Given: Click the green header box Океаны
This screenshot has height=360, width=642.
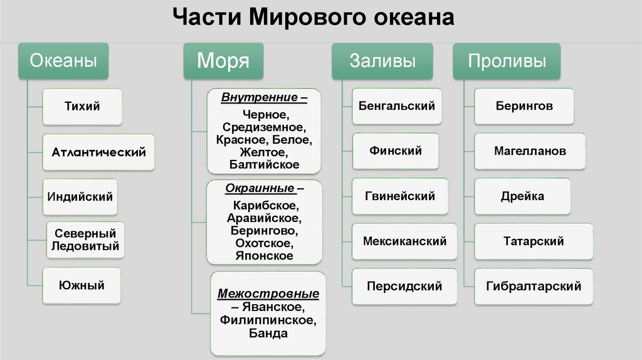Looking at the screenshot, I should [64, 61].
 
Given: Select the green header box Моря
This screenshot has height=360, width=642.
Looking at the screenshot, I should [223, 61].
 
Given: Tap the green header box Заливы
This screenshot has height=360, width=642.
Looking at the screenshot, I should [382, 61].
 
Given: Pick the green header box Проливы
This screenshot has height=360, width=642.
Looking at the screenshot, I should [507, 61].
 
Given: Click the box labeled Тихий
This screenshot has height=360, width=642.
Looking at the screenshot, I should [82, 107].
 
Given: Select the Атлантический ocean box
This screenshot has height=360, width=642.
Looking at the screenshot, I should [98, 152].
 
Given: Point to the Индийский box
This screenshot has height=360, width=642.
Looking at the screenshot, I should [80, 196].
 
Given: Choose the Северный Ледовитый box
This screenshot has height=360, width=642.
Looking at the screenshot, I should [85, 240].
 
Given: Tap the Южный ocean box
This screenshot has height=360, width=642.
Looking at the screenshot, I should [82, 285].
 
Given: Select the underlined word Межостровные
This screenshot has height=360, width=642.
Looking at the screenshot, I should [268, 294].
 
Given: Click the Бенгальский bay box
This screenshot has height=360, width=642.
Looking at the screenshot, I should [397, 106].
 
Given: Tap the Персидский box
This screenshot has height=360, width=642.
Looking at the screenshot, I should [404, 286].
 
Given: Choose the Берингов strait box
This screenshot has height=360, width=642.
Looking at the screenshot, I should [523, 106].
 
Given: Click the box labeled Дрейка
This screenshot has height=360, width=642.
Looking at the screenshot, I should [522, 196].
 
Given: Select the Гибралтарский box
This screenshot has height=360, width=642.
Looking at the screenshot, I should [534, 286].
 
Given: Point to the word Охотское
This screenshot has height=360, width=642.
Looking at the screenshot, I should [264, 243].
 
